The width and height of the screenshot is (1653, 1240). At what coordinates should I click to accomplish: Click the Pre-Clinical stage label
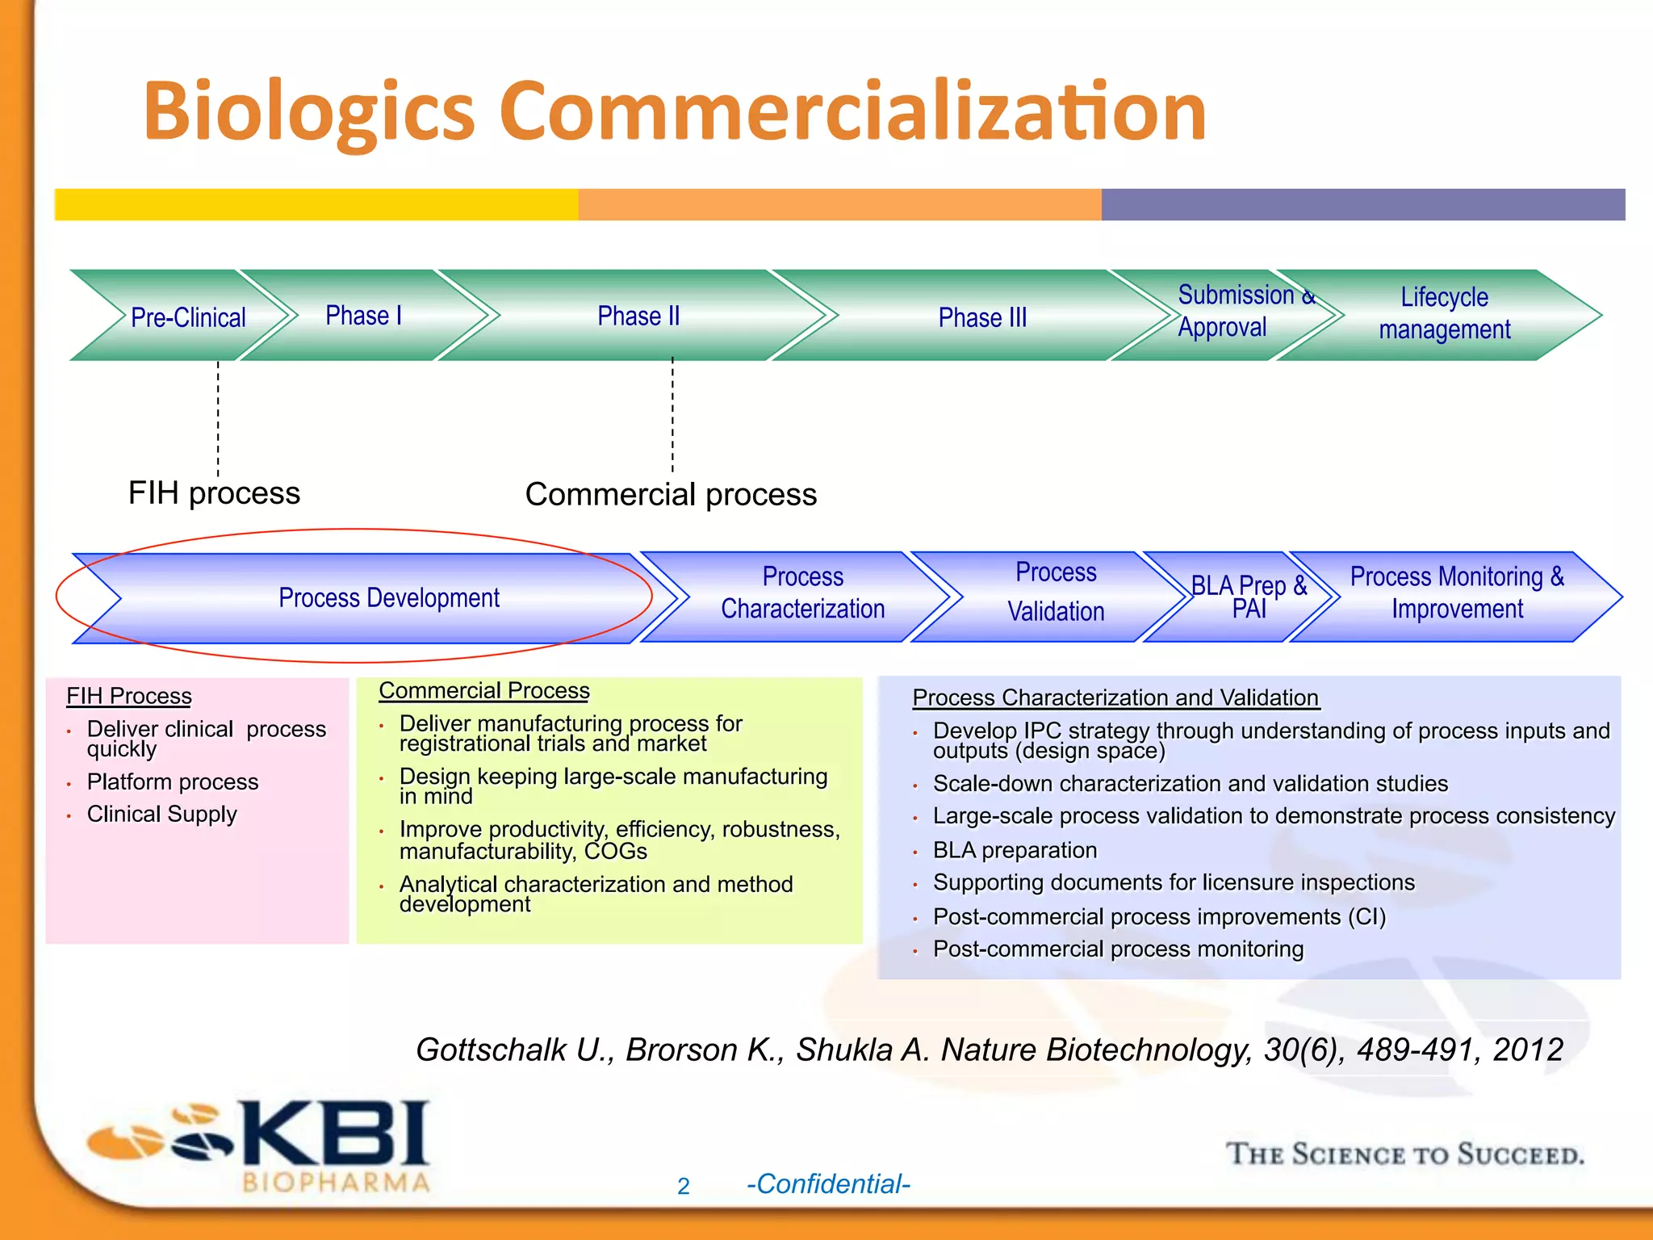[x=188, y=317]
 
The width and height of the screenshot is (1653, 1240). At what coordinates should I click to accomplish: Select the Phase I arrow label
[x=363, y=315]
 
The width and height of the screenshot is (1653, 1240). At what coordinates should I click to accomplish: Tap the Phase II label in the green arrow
[x=638, y=316]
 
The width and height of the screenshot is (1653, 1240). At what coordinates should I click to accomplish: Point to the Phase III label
[x=982, y=317]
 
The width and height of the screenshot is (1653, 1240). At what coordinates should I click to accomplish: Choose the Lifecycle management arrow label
[x=1444, y=313]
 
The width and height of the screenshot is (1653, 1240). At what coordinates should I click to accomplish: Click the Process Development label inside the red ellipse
[x=389, y=597]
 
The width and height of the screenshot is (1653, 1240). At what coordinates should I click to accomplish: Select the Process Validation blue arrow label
[x=1056, y=592]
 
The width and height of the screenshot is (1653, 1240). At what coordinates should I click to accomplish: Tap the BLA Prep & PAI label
[x=1249, y=597]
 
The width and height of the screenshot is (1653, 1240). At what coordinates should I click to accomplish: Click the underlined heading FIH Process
[x=129, y=696]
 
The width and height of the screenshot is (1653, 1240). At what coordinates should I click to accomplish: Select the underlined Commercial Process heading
[x=484, y=691]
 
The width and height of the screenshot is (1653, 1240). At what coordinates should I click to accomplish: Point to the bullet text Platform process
[x=173, y=781]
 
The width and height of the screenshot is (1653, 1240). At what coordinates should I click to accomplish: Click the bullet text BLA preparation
[x=1015, y=850]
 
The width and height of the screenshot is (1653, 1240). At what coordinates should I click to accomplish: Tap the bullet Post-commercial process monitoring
[x=1118, y=949]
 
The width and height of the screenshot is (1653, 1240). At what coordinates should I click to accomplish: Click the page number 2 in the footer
[x=684, y=1186]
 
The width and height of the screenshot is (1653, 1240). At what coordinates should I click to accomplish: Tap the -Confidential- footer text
[x=828, y=1183]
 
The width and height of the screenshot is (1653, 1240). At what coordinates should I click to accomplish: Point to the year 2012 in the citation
[x=1528, y=1049]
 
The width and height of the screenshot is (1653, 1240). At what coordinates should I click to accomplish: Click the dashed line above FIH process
[x=218, y=418]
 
